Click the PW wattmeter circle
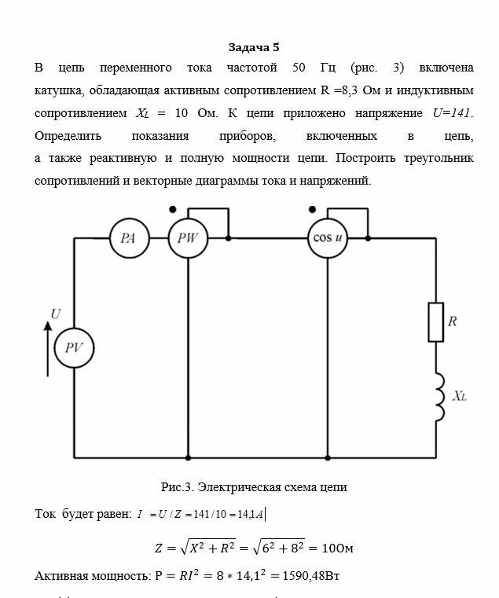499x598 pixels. point(189,239)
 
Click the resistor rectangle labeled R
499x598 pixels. point(435,321)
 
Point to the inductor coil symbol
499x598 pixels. point(435,397)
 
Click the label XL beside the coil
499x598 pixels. point(460,397)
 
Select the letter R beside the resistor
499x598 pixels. point(453,321)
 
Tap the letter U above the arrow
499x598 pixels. point(55,314)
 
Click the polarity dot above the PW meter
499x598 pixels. point(172,209)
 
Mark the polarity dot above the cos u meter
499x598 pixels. point(312,209)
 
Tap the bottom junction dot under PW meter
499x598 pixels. point(189,457)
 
